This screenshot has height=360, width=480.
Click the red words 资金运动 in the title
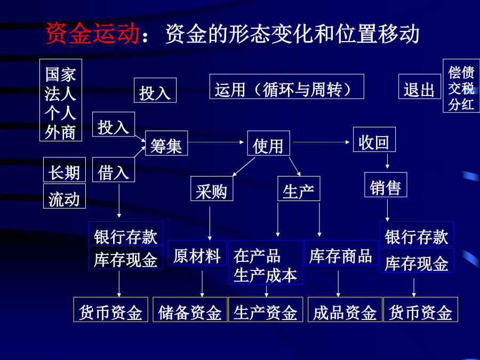(x=93, y=33)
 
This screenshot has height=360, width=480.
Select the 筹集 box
(x=166, y=143)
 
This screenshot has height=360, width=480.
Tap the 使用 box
(x=268, y=143)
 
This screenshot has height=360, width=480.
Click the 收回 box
(x=374, y=140)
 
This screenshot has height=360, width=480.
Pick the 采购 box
(x=212, y=189)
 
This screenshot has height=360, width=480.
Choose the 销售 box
(x=386, y=185)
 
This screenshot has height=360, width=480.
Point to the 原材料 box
(x=197, y=253)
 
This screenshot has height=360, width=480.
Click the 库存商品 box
(x=341, y=253)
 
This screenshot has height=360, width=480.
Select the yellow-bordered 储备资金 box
(x=190, y=309)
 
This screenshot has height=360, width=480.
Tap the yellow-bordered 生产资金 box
(x=266, y=309)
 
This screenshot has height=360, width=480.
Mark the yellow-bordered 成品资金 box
(x=345, y=309)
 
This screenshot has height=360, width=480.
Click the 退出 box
(x=420, y=86)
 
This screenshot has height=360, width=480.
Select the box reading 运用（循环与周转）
(x=287, y=86)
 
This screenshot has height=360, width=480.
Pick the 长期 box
(x=65, y=170)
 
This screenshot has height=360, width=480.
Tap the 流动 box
(x=65, y=196)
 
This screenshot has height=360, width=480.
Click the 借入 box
(x=114, y=170)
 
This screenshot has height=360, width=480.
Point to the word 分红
(x=461, y=105)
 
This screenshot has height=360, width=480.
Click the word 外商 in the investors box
(x=60, y=133)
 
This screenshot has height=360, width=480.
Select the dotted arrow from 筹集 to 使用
(x=216, y=142)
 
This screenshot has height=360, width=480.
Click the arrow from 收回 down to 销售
(x=387, y=161)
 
